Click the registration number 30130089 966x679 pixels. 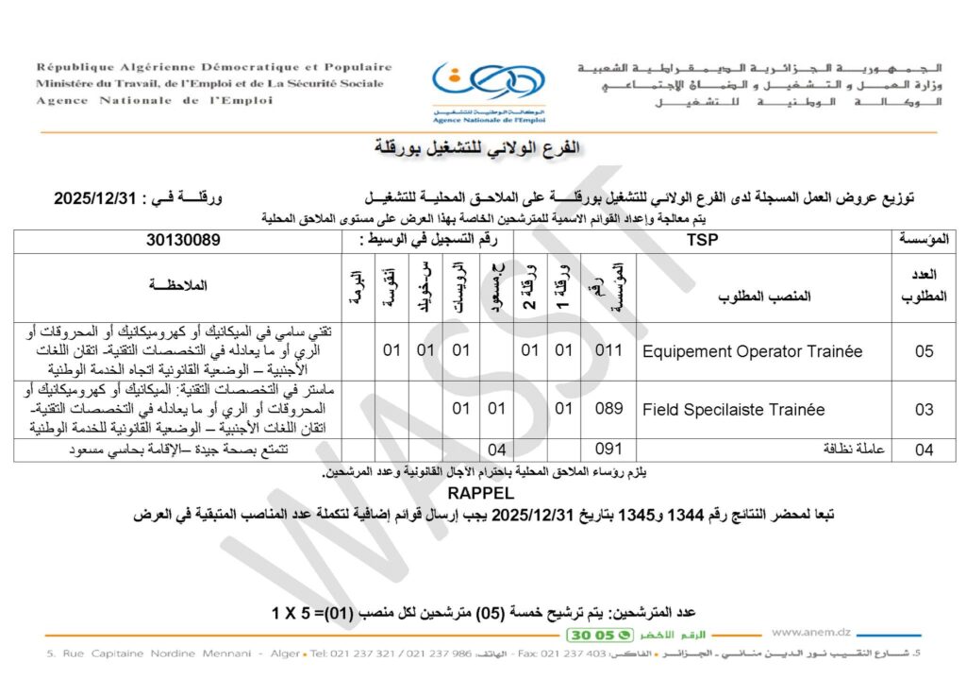[183, 241]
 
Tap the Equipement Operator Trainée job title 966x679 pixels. [752, 351]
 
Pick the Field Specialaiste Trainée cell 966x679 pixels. [733, 410]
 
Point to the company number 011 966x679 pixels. [609, 351]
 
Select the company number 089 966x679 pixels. [609, 409]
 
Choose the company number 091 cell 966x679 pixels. [609, 451]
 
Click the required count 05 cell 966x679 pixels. [924, 351]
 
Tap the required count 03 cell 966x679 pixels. [924, 410]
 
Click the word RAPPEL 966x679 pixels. [481, 493]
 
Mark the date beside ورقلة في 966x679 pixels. [98, 199]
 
